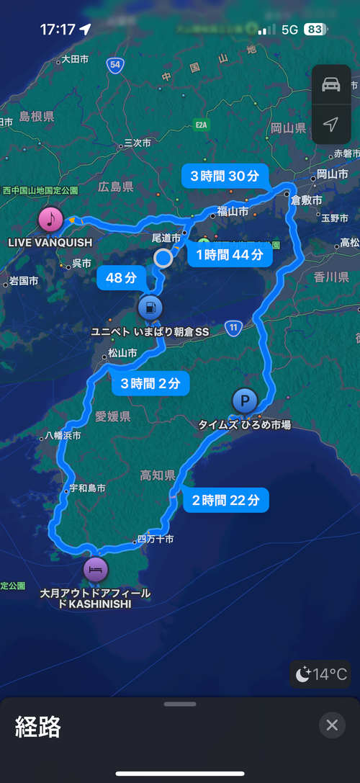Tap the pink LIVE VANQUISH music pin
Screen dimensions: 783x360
(x=50, y=218)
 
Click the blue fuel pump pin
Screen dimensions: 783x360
(x=149, y=308)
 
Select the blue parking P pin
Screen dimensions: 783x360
(x=245, y=400)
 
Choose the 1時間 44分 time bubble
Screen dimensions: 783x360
(x=230, y=254)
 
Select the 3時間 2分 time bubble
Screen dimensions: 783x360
(x=150, y=383)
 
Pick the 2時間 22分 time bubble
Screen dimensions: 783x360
(x=226, y=500)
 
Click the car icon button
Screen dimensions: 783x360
(x=331, y=85)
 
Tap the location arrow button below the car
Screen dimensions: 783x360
(x=331, y=125)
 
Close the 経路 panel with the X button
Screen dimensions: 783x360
(x=332, y=725)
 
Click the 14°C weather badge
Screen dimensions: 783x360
(x=321, y=674)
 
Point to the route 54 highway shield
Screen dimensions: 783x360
(x=115, y=65)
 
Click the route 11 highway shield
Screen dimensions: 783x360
(x=233, y=328)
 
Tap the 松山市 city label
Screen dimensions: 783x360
(x=122, y=353)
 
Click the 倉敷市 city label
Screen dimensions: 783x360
(x=306, y=201)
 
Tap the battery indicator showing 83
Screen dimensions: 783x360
(x=314, y=30)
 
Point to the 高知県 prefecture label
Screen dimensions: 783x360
(x=158, y=475)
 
